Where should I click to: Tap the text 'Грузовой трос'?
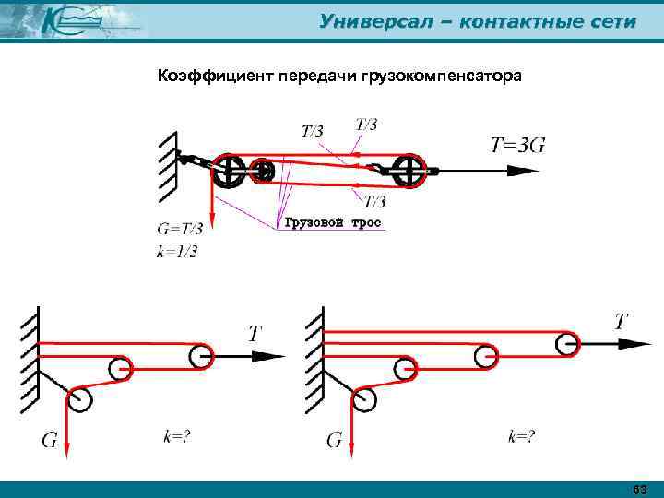coord(332,223)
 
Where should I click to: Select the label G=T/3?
coord(180,229)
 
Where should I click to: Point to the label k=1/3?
coord(177,250)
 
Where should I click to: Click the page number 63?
coord(640,489)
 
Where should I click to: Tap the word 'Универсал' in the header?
coord(370,21)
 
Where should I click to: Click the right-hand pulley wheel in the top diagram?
coord(407,170)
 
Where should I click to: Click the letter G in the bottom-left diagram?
coord(52,440)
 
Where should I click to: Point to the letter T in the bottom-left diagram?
coord(254,334)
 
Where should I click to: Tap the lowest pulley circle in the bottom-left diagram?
coord(80,399)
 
